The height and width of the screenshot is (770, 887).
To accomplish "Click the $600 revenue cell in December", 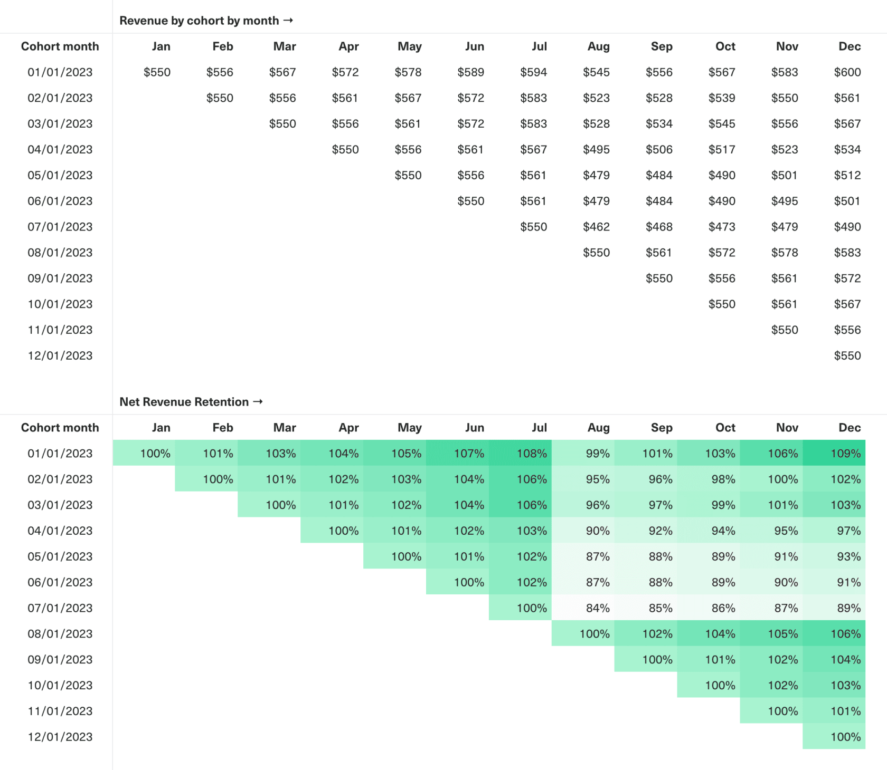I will pos(847,72).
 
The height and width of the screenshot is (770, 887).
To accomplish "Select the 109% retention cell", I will pos(845,454).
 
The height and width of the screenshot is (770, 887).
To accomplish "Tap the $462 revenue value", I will pos(596,227).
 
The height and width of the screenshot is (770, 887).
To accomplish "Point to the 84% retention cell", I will pos(597,608).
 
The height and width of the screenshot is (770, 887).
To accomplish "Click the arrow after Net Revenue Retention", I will pos(258,402).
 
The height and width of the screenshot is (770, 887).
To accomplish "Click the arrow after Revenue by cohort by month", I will pos(288,21).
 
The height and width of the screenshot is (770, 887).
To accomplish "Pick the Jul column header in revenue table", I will pos(539,46).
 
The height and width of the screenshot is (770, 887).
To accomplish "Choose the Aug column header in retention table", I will pos(598,428).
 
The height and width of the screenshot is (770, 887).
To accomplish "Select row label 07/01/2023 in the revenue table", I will pos(60,227).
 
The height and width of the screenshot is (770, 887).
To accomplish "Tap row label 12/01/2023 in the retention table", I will pos(60,737).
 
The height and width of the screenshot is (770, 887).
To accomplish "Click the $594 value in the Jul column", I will pos(533,72).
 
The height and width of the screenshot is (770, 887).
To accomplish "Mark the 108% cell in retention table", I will pos(531,454).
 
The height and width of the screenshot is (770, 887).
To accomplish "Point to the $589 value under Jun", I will pos(470,72).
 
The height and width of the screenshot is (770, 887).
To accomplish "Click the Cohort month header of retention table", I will pos(60,428).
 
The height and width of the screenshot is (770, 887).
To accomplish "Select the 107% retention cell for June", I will pos(469,454).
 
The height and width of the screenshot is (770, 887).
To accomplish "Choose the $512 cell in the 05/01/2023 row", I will pos(847,175).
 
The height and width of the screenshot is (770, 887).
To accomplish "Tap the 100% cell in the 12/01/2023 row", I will pos(845,737).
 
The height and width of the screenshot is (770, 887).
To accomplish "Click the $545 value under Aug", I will pos(596,72).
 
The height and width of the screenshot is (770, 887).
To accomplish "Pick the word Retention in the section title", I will pos(222,402).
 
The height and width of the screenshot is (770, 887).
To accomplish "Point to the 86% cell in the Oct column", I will pos(723,608).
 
